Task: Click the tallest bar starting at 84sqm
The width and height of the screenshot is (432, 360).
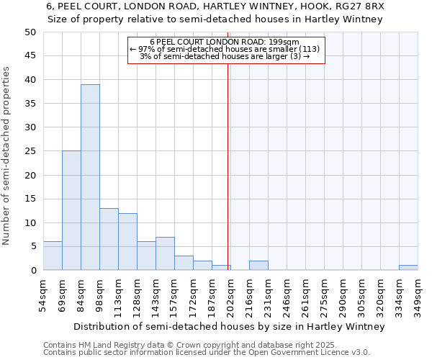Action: (90, 177)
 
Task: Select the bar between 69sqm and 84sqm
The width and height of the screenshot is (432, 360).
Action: (71, 210)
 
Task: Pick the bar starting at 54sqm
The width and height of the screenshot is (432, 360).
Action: (53, 256)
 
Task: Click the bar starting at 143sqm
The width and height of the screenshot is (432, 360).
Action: (165, 253)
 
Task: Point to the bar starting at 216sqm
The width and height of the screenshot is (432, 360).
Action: (258, 265)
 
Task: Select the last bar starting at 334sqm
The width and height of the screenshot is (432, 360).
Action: (408, 268)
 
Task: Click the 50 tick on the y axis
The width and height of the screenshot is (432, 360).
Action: (30, 32)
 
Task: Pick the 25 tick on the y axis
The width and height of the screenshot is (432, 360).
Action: (30, 151)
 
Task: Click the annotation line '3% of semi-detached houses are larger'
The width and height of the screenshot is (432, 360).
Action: (226, 56)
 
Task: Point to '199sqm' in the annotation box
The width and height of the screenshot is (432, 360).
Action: (295, 42)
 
